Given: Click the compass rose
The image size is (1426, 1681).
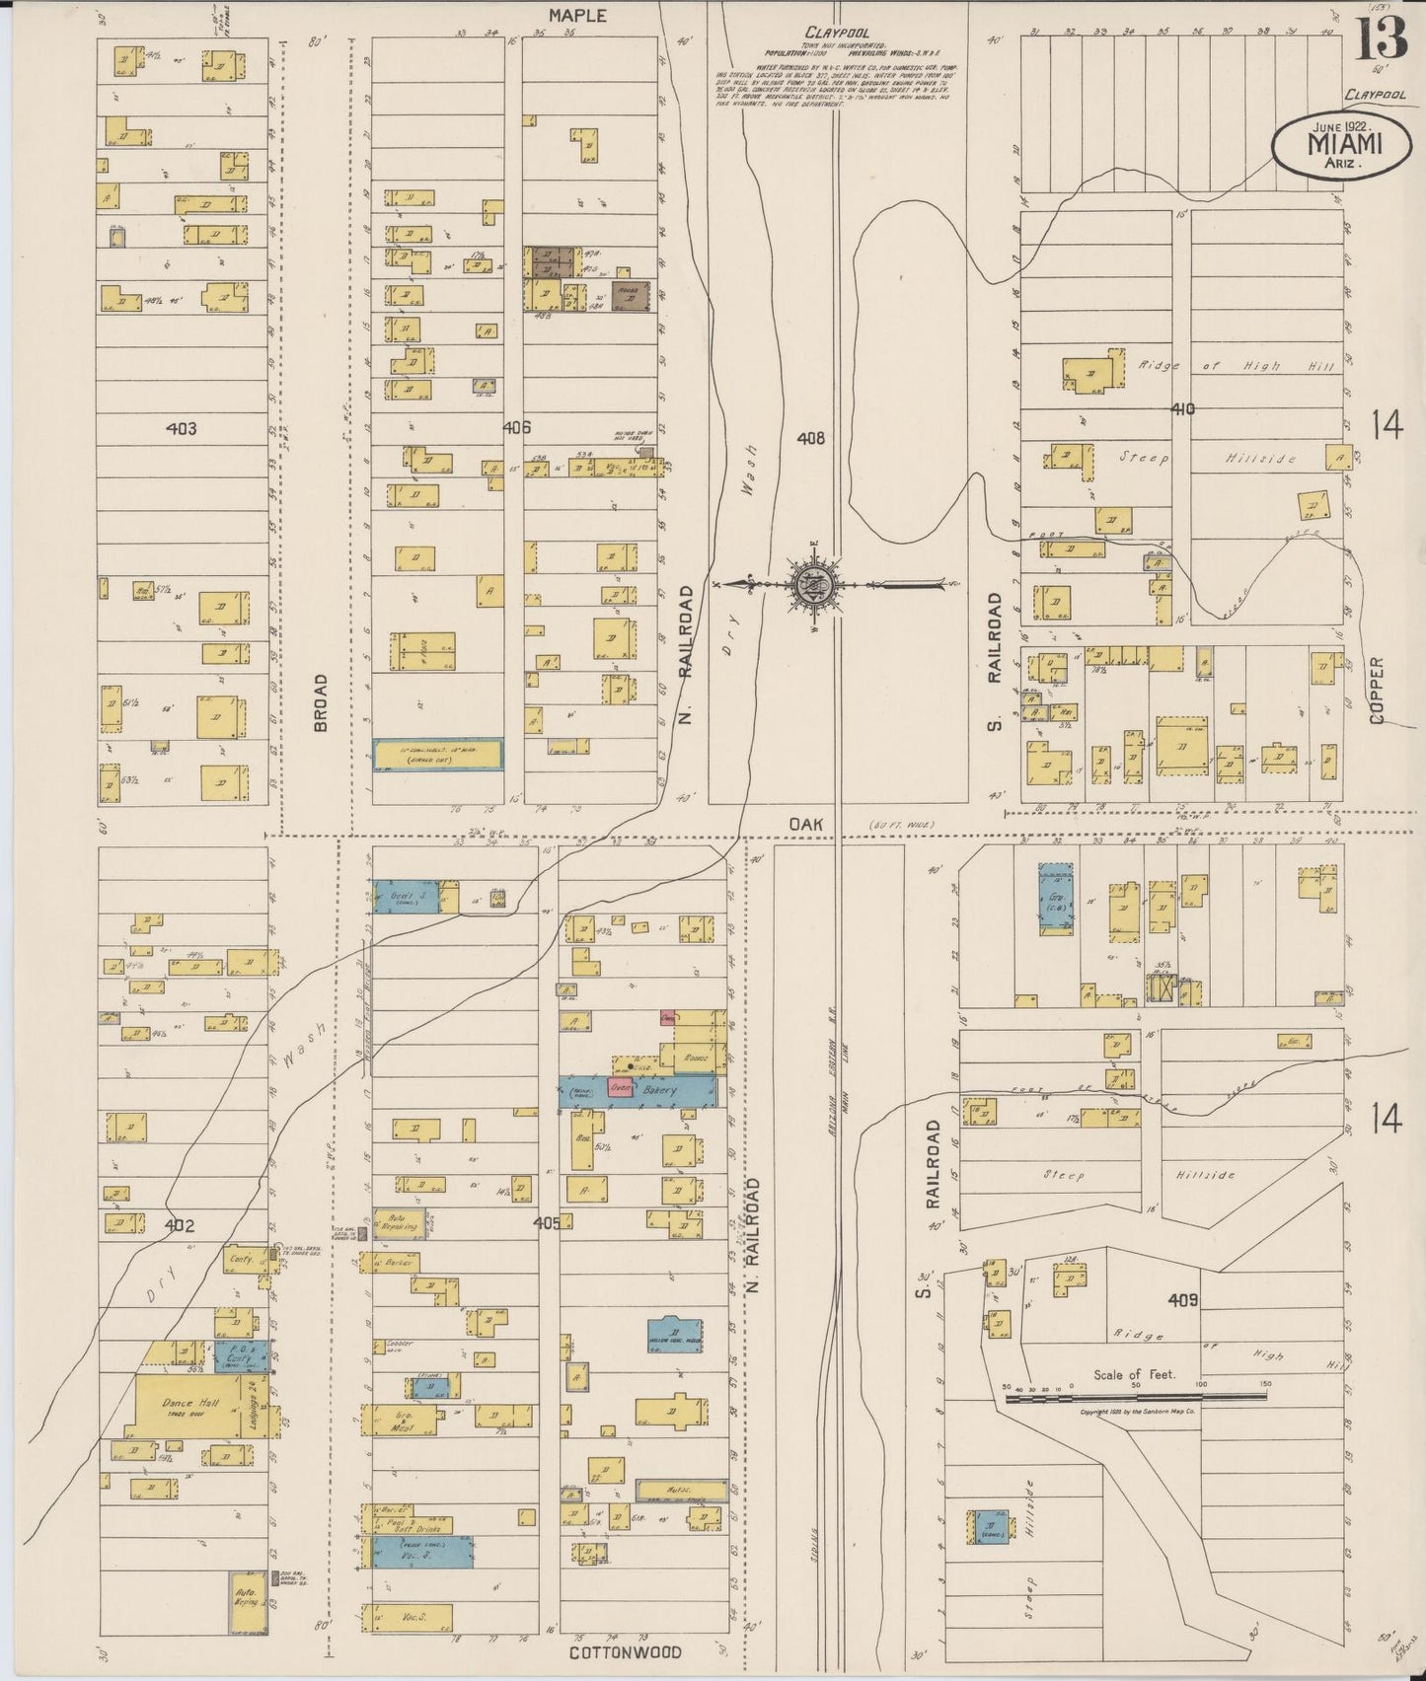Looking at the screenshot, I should [812, 584].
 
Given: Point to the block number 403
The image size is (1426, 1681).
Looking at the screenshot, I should [182, 428].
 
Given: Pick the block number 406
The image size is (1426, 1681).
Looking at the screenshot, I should [516, 428].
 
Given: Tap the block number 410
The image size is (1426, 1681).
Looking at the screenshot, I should [1182, 407].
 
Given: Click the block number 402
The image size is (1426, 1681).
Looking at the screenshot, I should [179, 1226].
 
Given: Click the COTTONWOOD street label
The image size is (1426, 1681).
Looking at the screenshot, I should [625, 1652].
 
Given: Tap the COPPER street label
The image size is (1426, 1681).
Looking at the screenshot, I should [1377, 691].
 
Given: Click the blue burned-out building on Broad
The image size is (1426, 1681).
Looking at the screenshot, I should [437, 755].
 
